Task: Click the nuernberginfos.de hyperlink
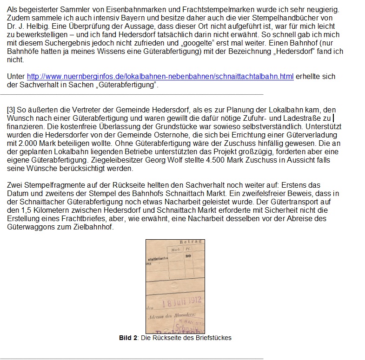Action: tap(160, 77)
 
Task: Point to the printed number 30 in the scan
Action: tap(188, 256)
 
